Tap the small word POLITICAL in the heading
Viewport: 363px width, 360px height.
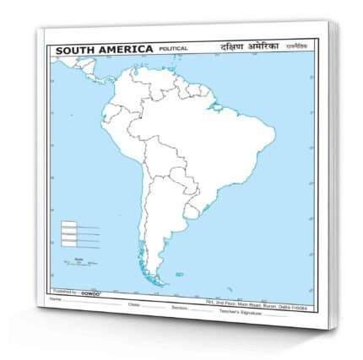172,51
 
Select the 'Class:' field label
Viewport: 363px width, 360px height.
133,298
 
